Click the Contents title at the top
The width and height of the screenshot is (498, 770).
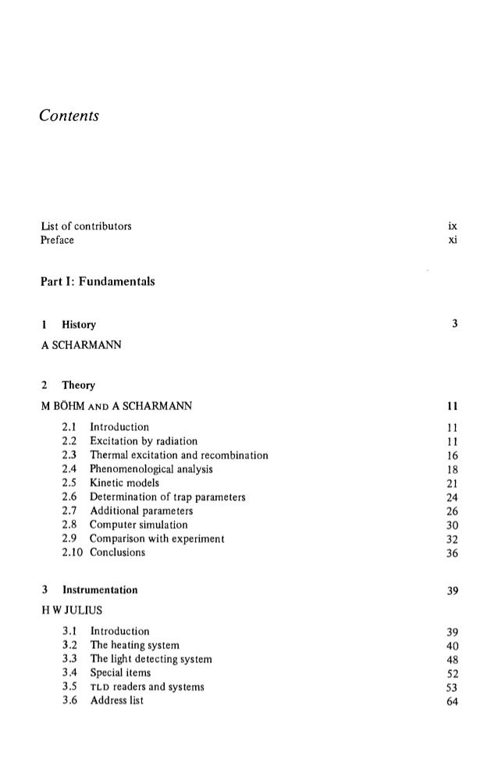click(70, 116)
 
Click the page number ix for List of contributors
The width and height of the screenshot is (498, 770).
click(452, 226)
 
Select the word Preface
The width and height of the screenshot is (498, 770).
click(58, 240)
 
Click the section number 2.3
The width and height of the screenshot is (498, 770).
click(69, 455)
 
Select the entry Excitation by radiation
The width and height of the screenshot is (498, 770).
click(144, 441)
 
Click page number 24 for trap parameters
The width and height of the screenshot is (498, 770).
click(451, 497)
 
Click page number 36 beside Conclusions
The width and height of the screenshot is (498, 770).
click(451, 553)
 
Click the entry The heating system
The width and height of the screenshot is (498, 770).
click(135, 645)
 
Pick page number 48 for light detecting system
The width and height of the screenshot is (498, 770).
click(451, 659)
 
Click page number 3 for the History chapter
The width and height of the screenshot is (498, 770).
click(454, 323)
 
